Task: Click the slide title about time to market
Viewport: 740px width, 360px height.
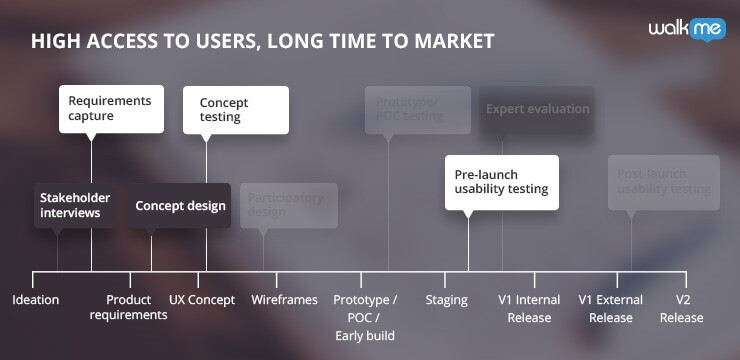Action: click(262, 41)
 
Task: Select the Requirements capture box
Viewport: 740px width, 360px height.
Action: click(111, 108)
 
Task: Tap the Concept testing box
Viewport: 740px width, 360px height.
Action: click(235, 110)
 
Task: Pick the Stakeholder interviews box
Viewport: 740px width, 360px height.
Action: click(75, 205)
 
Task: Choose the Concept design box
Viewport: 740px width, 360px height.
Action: click(180, 206)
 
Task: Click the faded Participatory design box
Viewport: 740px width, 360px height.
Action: click(288, 205)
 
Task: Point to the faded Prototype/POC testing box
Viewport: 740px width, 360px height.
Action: click(417, 108)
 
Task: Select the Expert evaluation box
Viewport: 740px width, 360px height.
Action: click(537, 109)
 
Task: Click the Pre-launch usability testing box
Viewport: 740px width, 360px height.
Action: click(501, 181)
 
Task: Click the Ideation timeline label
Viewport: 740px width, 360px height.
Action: click(36, 300)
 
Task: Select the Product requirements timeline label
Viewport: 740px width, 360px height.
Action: click(128, 308)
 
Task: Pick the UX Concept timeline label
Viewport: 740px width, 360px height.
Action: click(202, 300)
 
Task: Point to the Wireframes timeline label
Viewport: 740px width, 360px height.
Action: click(284, 300)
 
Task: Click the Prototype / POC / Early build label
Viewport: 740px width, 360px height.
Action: click(365, 317)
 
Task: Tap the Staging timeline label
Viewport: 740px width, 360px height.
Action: click(446, 300)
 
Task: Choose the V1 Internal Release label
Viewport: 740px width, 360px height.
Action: click(529, 309)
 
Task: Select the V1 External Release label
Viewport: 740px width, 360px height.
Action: click(611, 309)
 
